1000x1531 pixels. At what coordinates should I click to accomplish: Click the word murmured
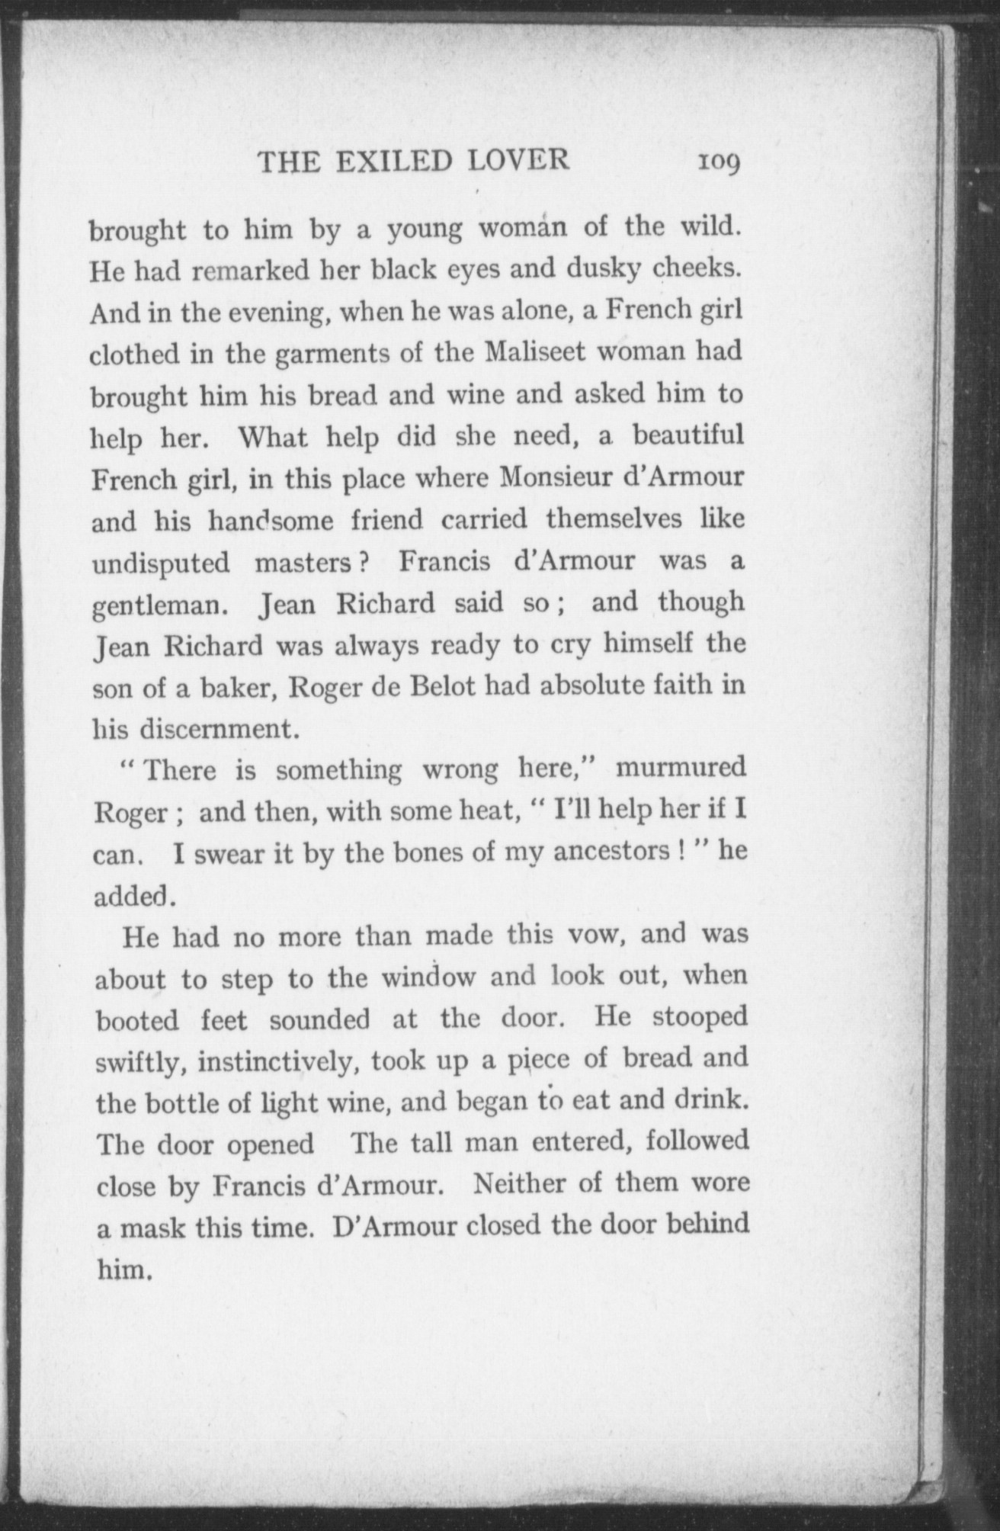(680, 768)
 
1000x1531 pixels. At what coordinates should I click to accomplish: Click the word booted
(137, 1019)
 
